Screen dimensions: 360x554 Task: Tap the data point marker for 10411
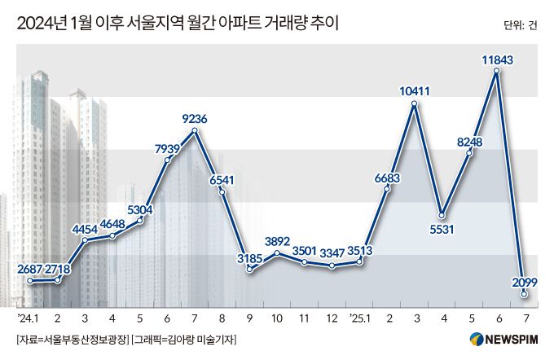click(415, 103)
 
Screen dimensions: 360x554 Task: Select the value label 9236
click(194, 120)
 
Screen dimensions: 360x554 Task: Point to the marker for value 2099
click(525, 294)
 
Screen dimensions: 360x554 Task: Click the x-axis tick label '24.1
click(29, 317)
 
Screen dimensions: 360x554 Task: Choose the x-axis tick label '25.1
click(359, 317)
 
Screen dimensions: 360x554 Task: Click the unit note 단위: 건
click(521, 25)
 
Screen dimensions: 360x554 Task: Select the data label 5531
click(442, 230)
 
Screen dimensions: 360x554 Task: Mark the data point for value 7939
click(167, 160)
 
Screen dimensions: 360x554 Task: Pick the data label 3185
click(248, 258)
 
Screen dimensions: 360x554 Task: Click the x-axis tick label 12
click(332, 317)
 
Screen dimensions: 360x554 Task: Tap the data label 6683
click(388, 177)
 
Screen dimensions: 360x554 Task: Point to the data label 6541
click(222, 180)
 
